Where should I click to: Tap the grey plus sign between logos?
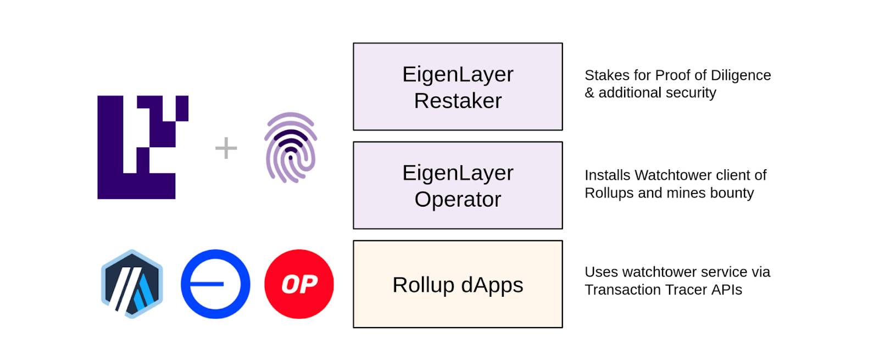(226, 148)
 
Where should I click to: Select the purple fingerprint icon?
(291, 148)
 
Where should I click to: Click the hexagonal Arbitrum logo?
(132, 284)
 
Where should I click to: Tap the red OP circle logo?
(299, 284)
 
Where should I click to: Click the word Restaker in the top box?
(458, 101)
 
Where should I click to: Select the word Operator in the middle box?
(458, 200)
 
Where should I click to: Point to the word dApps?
(492, 285)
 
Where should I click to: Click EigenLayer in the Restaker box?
(458, 75)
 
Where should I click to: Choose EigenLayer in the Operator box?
(458, 173)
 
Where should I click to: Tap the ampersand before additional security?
(589, 93)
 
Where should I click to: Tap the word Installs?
(608, 175)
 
